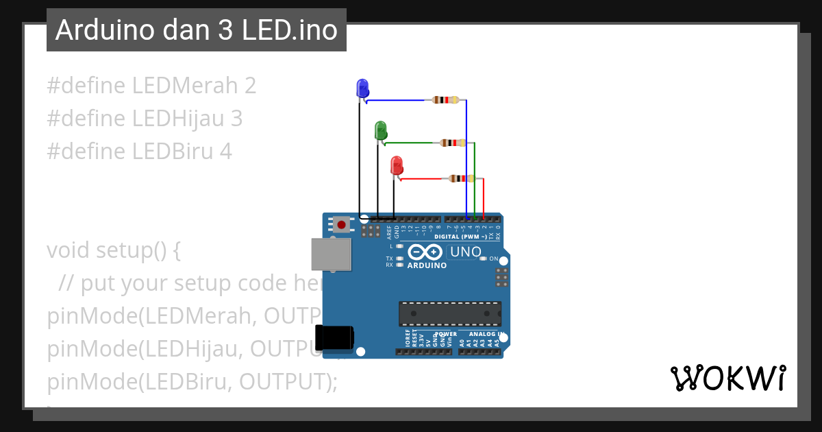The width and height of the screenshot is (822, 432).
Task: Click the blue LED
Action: (362, 88)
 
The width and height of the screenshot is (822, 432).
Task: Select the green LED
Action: (380, 130)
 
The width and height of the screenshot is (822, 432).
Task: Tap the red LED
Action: (396, 166)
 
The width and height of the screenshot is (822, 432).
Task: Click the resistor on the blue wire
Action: (445, 100)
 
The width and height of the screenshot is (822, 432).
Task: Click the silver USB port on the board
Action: (331, 254)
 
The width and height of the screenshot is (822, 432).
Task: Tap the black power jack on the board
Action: (334, 337)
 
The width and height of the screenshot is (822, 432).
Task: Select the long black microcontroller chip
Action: (450, 313)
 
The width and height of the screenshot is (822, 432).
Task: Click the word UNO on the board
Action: (466, 252)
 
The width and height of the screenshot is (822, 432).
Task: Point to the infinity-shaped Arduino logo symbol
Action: (425, 252)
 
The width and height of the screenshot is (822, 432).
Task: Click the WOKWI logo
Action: (727, 379)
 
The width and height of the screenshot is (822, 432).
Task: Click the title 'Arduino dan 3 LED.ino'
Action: (197, 30)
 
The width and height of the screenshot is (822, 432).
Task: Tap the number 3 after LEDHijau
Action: (236, 119)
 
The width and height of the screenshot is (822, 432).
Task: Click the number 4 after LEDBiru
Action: (225, 152)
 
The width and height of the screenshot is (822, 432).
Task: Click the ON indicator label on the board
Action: (493, 259)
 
